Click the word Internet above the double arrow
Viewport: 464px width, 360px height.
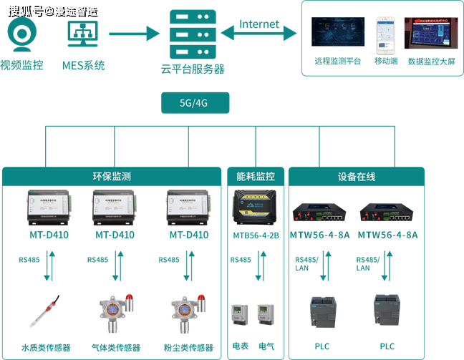pyautogui.click(x=259, y=24)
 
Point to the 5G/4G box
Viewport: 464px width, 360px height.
pyautogui.click(x=193, y=103)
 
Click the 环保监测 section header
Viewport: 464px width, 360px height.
pyautogui.click(x=111, y=176)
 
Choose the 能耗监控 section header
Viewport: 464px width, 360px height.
pyautogui.click(x=255, y=176)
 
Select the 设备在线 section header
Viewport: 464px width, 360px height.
pyautogui.click(x=356, y=176)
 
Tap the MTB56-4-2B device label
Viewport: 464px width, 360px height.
pyautogui.click(x=255, y=235)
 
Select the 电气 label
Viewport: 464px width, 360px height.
pyautogui.click(x=266, y=346)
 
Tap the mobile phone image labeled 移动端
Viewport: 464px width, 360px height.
pyautogui.click(x=386, y=34)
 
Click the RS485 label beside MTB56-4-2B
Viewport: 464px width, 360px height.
pyautogui.click(x=241, y=260)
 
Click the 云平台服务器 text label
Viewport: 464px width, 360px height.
pyautogui.click(x=193, y=69)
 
